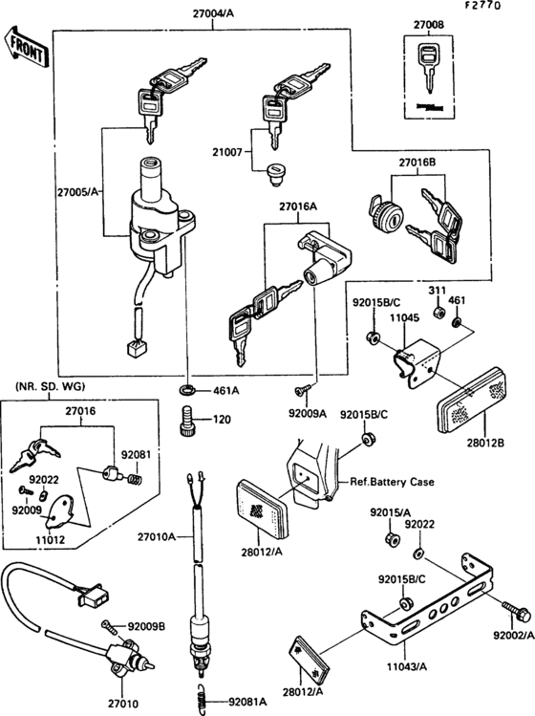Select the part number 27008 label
coord(429,24)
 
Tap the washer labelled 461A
coord(189,391)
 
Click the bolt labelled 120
coord(188,419)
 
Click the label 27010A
coord(157,538)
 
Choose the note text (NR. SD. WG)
coord(51,386)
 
